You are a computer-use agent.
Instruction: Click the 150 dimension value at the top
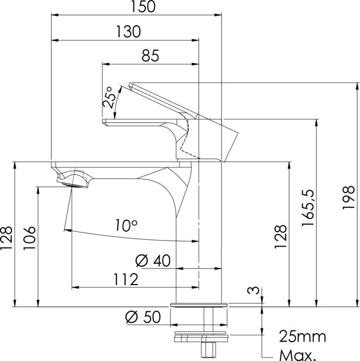pos(143,6)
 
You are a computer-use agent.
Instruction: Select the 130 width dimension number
pos(128,31)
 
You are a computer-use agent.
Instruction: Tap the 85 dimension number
pos(150,55)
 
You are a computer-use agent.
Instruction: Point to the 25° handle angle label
pos(108,97)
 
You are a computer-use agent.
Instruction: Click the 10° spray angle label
pos(126,225)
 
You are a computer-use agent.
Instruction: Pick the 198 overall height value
pos(348,197)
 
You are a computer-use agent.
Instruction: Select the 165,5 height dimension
pos(308,208)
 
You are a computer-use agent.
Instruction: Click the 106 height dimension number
pos(29,238)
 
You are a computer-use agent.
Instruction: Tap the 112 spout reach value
pos(126,279)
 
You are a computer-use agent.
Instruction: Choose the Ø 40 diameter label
pos(153,261)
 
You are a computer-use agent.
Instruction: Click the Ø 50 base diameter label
pos(143,317)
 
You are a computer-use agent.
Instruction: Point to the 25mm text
pos(302,336)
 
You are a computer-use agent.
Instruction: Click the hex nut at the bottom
pos(208,349)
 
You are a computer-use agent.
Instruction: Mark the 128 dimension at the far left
pos(6,238)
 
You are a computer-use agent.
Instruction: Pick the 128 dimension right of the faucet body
pos(280,236)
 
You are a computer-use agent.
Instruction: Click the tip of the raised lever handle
pos(131,84)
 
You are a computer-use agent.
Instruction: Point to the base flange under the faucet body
pos(199,305)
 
